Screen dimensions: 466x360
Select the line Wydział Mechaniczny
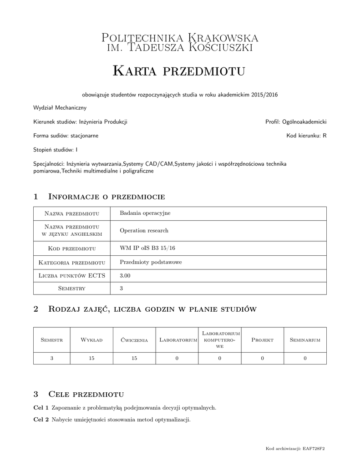[60, 108]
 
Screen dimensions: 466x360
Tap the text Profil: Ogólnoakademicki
[296, 122]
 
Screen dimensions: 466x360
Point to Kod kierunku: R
[306, 136]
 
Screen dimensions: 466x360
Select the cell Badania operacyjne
[145, 213]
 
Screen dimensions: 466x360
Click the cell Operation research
[144, 230]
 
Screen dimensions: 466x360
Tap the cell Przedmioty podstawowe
[151, 262]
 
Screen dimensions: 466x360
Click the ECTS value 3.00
[125, 276]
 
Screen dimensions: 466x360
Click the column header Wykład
[91, 340]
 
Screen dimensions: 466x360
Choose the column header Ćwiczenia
[134, 340]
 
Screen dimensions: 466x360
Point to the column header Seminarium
[305, 340]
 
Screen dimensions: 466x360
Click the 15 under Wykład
[91, 358]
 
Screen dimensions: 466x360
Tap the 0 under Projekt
[262, 358]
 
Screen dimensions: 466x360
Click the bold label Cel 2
[41, 419]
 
